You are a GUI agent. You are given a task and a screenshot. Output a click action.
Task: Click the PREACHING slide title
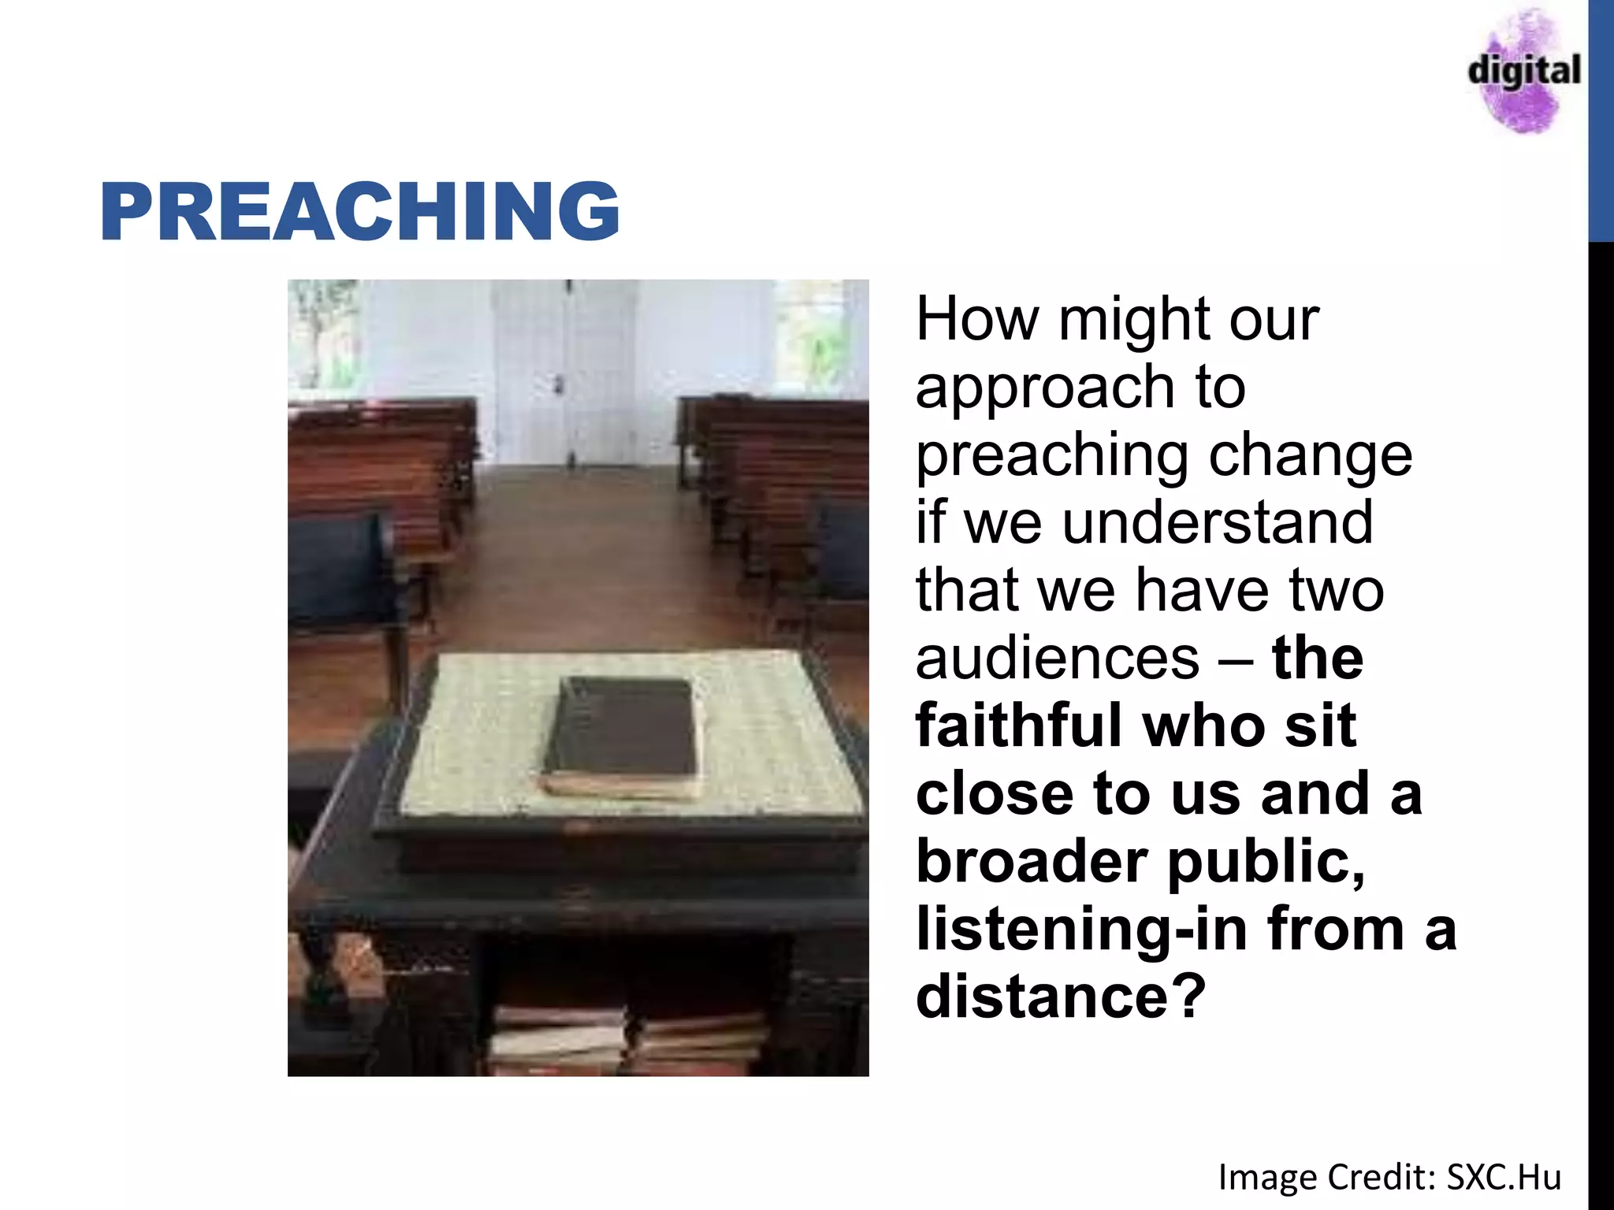[x=360, y=210]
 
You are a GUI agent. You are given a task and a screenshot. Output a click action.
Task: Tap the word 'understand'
[x=1218, y=522]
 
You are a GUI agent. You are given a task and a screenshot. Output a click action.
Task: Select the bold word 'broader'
[x=1032, y=861]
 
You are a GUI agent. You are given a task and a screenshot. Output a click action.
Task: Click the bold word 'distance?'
[x=1061, y=997]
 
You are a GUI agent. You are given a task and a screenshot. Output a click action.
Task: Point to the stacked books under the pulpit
[x=630, y=1040]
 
